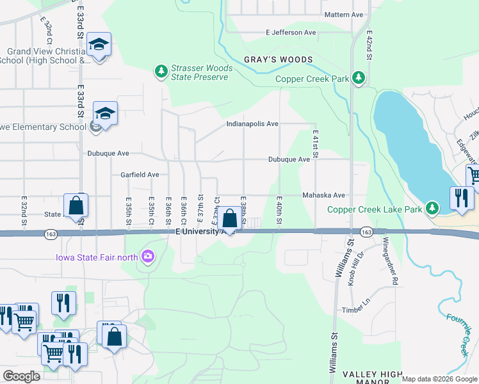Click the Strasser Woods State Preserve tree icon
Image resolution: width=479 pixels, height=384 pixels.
[160, 70]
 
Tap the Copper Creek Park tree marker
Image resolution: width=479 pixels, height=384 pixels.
[359, 79]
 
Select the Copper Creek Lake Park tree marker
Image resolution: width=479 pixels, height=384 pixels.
[433, 209]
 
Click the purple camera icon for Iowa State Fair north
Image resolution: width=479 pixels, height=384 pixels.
[149, 257]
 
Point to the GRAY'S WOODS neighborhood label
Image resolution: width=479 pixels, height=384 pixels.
[278, 60]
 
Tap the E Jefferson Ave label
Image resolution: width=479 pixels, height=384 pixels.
[291, 32]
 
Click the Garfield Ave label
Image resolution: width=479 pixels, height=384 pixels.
[140, 174]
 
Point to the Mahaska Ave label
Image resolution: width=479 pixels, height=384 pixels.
[323, 195]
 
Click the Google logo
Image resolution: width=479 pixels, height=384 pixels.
[22, 376]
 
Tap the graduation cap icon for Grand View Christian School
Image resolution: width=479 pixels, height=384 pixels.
[99, 45]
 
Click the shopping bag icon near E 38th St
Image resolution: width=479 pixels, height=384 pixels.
[230, 220]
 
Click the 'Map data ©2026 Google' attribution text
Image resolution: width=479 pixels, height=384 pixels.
[439, 379]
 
